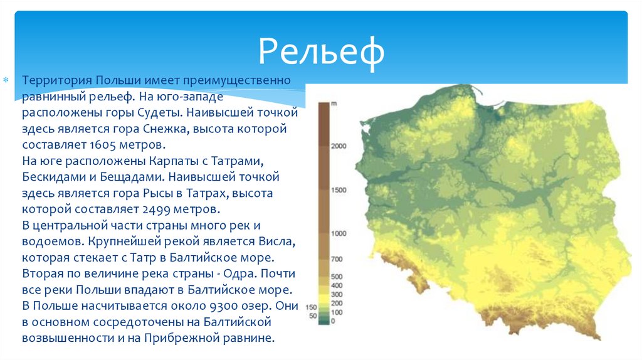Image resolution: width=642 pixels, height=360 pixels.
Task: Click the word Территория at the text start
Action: point(57,81)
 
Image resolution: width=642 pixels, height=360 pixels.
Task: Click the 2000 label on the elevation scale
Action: point(339,146)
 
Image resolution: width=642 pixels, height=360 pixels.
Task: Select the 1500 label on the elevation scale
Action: point(339,189)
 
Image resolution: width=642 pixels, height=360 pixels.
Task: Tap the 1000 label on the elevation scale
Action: point(339,233)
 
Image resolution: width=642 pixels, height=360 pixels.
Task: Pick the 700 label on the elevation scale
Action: point(337,259)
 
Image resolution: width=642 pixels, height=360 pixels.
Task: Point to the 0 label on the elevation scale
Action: point(333,321)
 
